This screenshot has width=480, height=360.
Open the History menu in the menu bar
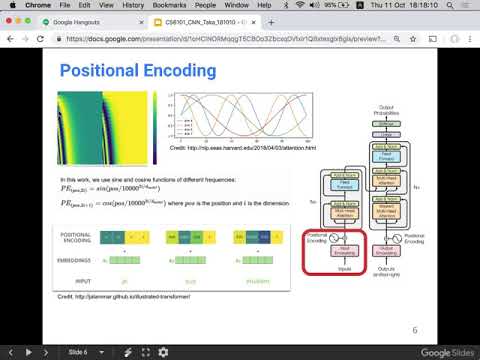(x=132, y=6)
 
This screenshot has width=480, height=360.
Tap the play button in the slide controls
(x=30, y=352)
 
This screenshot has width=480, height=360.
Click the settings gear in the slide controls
(x=163, y=352)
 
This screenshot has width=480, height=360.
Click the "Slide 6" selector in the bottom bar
(x=85, y=352)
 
